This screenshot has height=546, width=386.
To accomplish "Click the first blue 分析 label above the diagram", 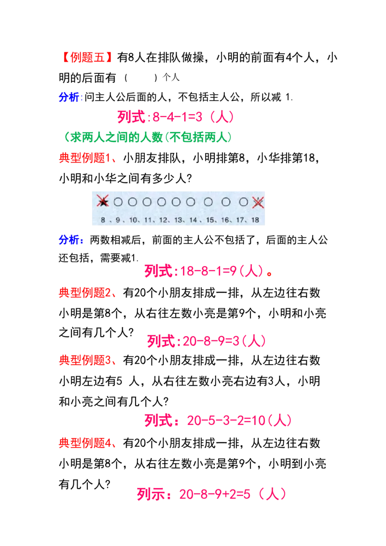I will [71, 97].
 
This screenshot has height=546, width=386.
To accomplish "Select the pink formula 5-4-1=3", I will [176, 117].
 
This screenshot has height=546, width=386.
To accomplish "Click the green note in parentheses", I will [147, 137].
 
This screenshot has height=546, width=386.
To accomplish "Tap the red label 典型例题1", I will [86, 159].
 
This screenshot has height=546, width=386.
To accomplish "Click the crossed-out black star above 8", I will [103, 202].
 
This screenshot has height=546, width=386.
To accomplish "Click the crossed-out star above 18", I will [258, 202].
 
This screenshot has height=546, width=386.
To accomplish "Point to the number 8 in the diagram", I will [103, 219].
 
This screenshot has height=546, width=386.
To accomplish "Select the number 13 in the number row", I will [179, 219].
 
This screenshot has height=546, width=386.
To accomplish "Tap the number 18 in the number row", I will [256, 219].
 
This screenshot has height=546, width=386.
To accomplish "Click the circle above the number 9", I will [118, 202].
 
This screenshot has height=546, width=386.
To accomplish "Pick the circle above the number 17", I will [244, 202].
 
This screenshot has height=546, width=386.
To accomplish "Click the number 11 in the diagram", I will [149, 219].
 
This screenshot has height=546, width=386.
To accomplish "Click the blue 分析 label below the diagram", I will [71, 240].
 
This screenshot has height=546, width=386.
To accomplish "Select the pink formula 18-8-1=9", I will [205, 271].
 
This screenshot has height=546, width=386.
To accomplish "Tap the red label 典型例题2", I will [86, 292].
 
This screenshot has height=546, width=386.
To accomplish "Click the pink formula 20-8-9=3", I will [207, 341].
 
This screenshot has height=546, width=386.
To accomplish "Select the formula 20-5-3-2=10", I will [218, 421].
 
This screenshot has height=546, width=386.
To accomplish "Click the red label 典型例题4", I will [86, 443].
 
